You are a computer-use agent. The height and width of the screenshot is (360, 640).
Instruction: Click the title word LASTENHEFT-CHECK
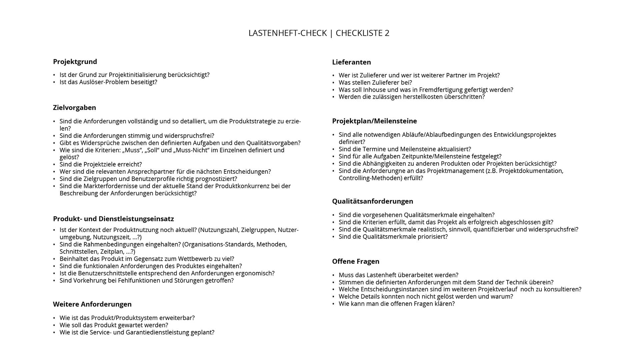pos(287,33)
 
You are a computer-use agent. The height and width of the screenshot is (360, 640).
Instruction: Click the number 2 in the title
pos(387,33)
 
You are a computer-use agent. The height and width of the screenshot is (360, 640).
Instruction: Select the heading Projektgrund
pos(75,62)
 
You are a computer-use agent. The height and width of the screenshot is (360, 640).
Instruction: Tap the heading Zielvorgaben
pos(74,108)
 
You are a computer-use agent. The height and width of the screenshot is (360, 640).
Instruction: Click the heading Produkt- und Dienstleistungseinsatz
pos(113,219)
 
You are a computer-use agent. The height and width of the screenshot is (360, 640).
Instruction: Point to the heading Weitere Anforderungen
pos(92,304)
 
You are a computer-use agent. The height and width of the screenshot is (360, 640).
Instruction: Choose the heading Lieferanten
pos(351,62)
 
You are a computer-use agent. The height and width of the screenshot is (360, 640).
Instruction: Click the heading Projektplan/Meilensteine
pos(374,121)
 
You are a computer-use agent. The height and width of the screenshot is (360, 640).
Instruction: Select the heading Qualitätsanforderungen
pos(372,201)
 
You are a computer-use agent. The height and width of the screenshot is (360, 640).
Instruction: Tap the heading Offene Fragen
pos(356,262)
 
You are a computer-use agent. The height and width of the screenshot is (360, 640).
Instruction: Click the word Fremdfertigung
pos(441,90)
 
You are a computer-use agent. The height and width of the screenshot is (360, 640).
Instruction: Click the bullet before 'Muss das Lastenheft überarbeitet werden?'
pos(333,275)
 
